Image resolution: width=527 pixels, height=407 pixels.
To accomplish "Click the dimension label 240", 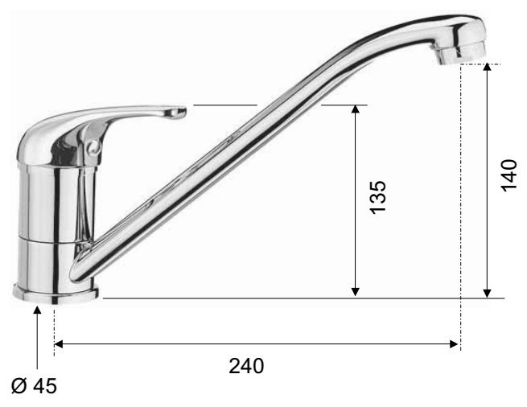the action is (x=246, y=366).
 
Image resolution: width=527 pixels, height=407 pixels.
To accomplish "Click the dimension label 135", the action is (x=378, y=197).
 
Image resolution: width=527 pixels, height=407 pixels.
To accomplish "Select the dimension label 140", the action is (x=508, y=175).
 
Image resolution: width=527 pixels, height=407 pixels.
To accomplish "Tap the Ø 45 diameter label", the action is (x=34, y=386).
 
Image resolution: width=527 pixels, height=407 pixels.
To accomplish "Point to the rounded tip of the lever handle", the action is (x=180, y=112).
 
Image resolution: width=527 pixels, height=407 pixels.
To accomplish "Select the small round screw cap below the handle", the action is (x=93, y=147).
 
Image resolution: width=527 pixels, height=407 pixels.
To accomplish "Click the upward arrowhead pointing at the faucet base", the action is (x=37, y=310).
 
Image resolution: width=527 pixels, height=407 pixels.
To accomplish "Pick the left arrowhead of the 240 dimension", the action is (x=59, y=344).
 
